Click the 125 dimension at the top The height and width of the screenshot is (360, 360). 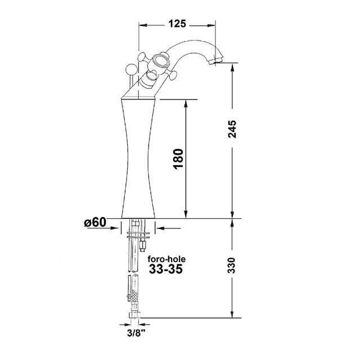tap(177, 24)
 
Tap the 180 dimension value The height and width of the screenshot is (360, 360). tap(176, 159)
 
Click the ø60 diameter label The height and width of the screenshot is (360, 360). tap(95, 223)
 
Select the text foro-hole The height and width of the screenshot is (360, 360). tap(166, 259)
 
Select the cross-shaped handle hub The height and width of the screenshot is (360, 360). tap(162, 61)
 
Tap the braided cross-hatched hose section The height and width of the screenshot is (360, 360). tap(135, 295)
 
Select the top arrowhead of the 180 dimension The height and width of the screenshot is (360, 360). tap(186, 105)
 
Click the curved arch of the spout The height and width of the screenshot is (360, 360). tap(194, 45)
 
